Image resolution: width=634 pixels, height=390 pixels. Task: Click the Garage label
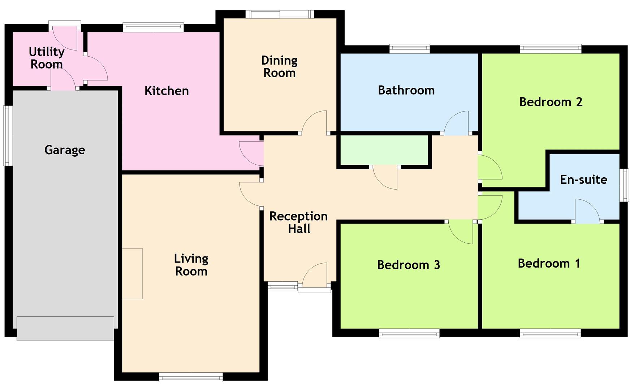(65, 150)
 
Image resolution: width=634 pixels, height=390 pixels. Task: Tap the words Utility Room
(47, 58)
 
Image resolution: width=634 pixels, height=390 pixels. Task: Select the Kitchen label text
(167, 91)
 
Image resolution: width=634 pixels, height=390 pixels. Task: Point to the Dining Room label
(279, 67)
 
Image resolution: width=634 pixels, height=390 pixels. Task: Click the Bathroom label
(406, 90)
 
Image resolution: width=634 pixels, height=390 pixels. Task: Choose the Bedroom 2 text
(551, 102)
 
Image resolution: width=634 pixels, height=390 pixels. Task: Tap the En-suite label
(583, 179)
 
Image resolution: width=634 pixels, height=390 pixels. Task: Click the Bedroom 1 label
(549, 263)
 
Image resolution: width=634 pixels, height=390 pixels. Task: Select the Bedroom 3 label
(408, 265)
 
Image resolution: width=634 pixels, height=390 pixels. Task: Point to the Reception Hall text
(299, 222)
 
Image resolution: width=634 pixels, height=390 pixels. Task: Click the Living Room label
(191, 265)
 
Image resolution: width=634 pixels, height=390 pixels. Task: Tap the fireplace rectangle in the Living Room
(132, 273)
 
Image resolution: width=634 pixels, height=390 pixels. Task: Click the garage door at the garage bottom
(65, 329)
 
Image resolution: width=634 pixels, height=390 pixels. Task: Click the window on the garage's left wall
(8, 135)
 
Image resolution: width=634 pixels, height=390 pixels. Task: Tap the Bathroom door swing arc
(456, 123)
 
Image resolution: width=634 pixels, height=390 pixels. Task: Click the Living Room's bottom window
(191, 377)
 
